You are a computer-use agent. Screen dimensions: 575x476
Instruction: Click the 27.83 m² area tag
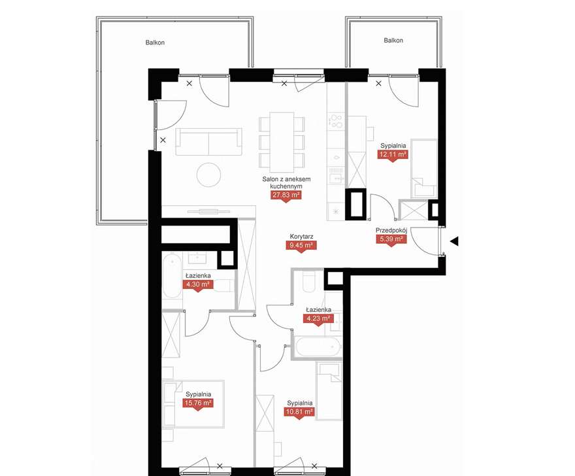[x=286, y=195]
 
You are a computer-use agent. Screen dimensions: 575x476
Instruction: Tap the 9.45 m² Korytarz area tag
[x=301, y=245]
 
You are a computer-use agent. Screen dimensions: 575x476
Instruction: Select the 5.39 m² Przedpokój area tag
[x=391, y=239]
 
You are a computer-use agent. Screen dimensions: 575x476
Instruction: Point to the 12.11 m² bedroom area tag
[x=393, y=154]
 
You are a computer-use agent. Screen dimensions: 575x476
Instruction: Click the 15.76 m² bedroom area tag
[x=198, y=403]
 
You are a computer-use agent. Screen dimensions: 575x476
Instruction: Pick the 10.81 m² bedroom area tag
[x=299, y=412]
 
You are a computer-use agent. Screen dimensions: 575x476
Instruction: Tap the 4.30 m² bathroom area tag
[x=197, y=284]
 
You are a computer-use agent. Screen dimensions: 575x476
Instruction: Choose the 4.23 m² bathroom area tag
[x=318, y=318]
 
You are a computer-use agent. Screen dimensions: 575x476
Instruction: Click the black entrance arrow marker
[x=454, y=241]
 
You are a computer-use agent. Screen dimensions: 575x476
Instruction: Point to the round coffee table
[x=208, y=175]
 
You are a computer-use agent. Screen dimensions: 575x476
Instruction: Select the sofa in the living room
[x=208, y=142]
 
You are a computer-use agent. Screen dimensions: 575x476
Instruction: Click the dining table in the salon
[x=282, y=142]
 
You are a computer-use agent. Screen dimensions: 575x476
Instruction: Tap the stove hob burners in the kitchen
[x=337, y=122]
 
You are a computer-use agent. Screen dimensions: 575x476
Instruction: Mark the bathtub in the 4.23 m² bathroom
[x=318, y=347]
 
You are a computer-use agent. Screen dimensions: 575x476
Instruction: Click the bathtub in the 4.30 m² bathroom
[x=172, y=275]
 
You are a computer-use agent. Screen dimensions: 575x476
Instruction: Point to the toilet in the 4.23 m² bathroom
[x=309, y=282]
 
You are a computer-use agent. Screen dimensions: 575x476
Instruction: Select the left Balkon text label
[x=155, y=42]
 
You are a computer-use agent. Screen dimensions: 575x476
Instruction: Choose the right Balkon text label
[x=393, y=41]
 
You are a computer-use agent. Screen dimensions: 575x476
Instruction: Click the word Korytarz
[x=301, y=237]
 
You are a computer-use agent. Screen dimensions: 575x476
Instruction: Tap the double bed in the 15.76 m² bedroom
[x=193, y=404]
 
